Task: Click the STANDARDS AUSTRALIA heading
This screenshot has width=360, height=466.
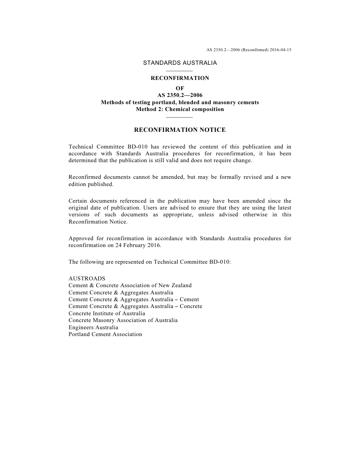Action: point(180,63)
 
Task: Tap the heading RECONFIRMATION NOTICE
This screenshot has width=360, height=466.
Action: point(180,130)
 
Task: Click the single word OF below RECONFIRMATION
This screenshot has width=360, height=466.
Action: point(180,88)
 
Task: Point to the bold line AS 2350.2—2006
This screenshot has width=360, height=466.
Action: point(180,95)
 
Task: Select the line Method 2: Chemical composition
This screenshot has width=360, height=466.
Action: point(180,109)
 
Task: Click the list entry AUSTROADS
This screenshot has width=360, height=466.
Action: point(87,278)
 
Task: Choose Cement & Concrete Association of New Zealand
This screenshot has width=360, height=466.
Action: point(130,285)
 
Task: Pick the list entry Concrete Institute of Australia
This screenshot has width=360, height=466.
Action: point(107,313)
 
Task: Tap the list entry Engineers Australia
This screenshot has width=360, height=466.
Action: point(93,327)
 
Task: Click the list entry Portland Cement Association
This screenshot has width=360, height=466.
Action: point(105,334)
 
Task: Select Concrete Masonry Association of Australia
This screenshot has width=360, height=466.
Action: point(123,320)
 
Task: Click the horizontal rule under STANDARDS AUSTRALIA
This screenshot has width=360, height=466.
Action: point(180,71)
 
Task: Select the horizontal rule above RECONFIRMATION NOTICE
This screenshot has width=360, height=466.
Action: point(180,117)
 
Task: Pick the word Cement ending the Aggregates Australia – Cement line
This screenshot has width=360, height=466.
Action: point(189,299)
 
